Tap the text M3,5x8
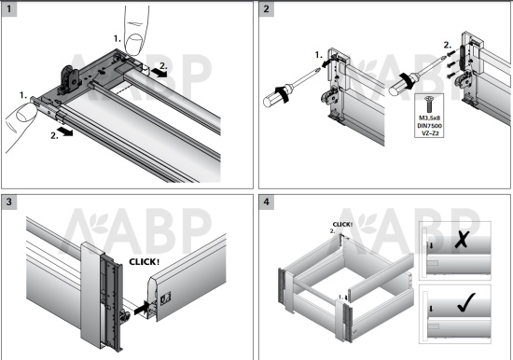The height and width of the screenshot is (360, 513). pos(429,117)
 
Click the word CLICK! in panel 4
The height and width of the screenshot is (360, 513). pos(343,225)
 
